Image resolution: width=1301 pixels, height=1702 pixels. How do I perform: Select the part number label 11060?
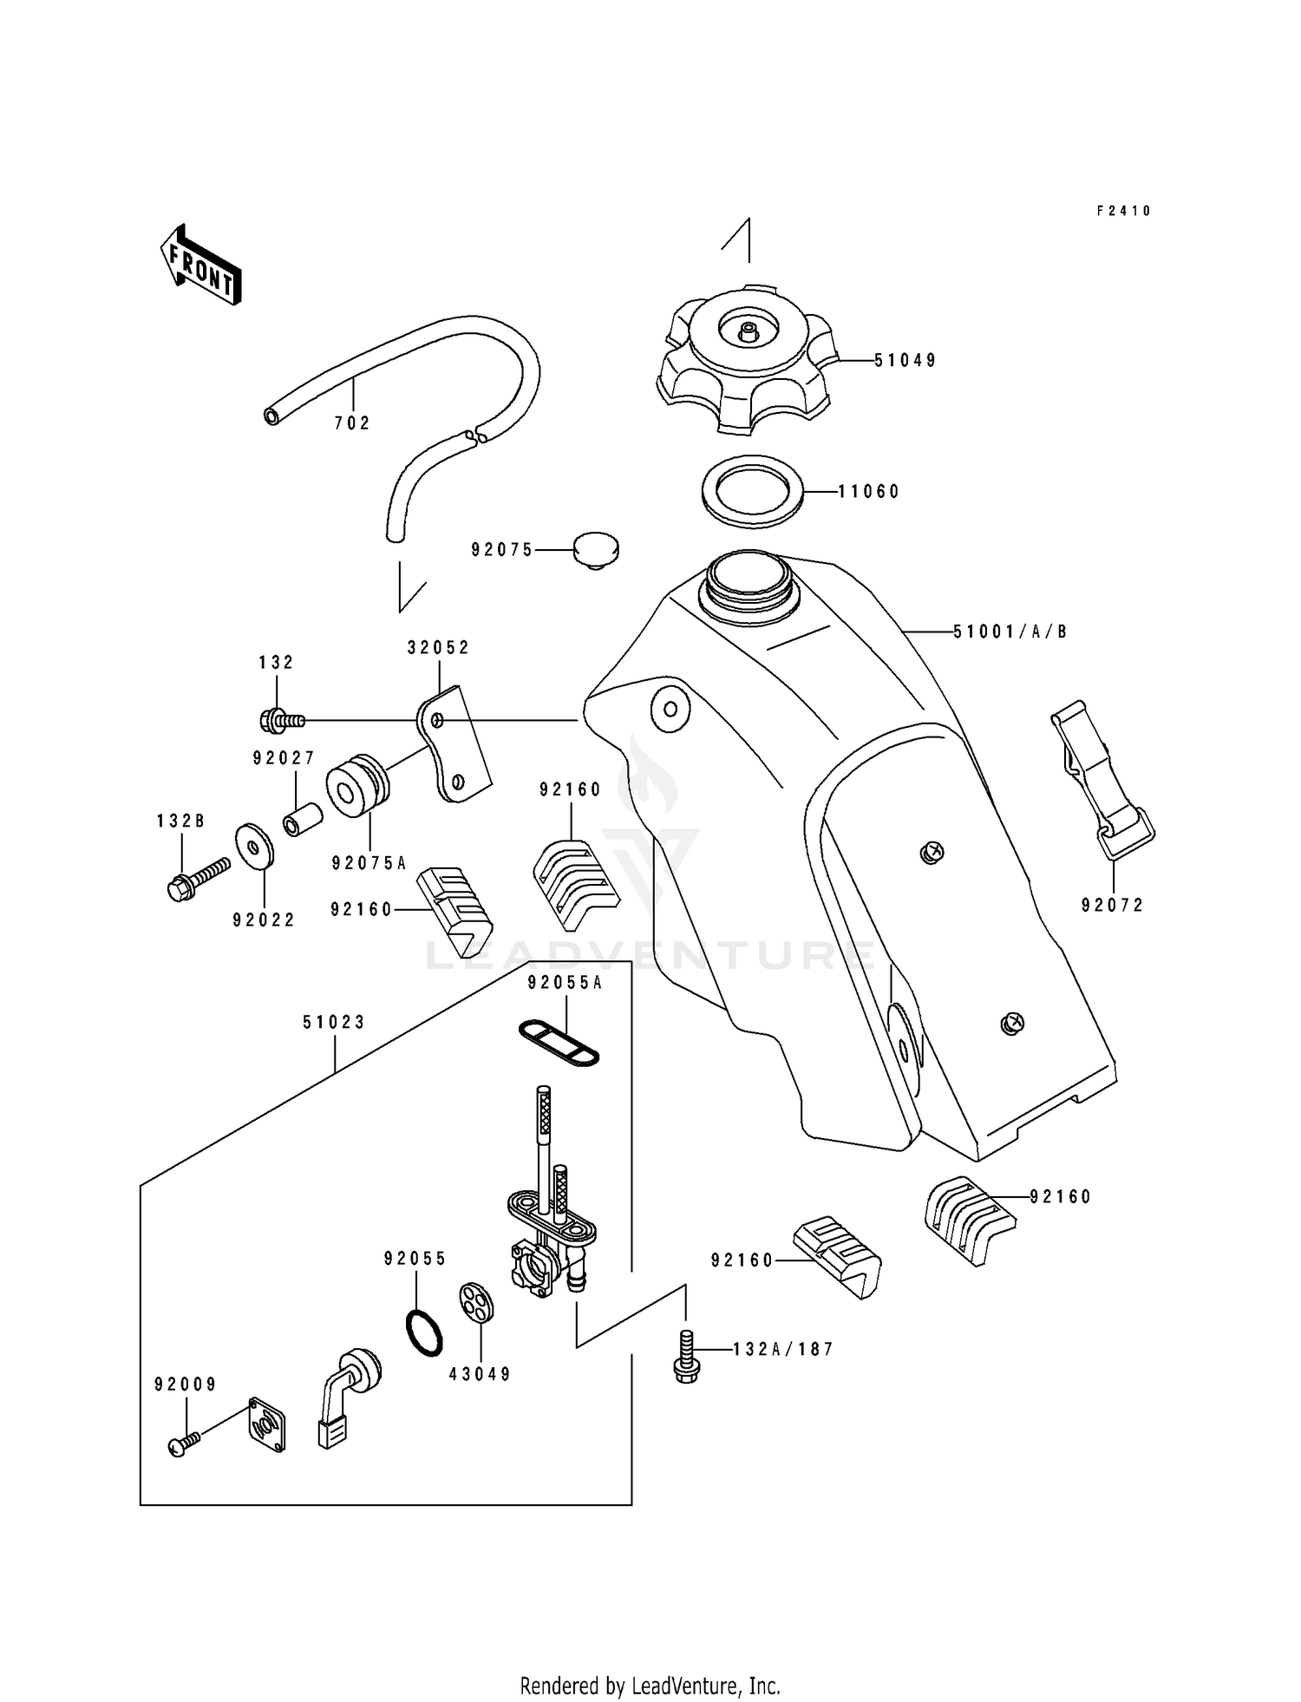(869, 492)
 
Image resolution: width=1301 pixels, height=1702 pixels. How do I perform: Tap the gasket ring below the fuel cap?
(752, 491)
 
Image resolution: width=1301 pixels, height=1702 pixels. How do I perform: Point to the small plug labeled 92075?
(596, 550)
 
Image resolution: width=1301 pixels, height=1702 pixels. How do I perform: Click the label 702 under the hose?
(352, 423)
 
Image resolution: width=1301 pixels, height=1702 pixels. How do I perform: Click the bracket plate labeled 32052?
(454, 745)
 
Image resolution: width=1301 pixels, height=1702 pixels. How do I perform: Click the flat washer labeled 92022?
(254, 844)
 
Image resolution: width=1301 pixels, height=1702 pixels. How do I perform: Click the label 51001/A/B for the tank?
(1010, 632)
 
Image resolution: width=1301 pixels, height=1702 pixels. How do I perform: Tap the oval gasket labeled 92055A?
(559, 1042)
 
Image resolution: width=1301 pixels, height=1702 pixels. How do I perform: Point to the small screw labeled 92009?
(183, 1443)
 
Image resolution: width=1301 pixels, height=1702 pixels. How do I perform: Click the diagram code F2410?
(1123, 211)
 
